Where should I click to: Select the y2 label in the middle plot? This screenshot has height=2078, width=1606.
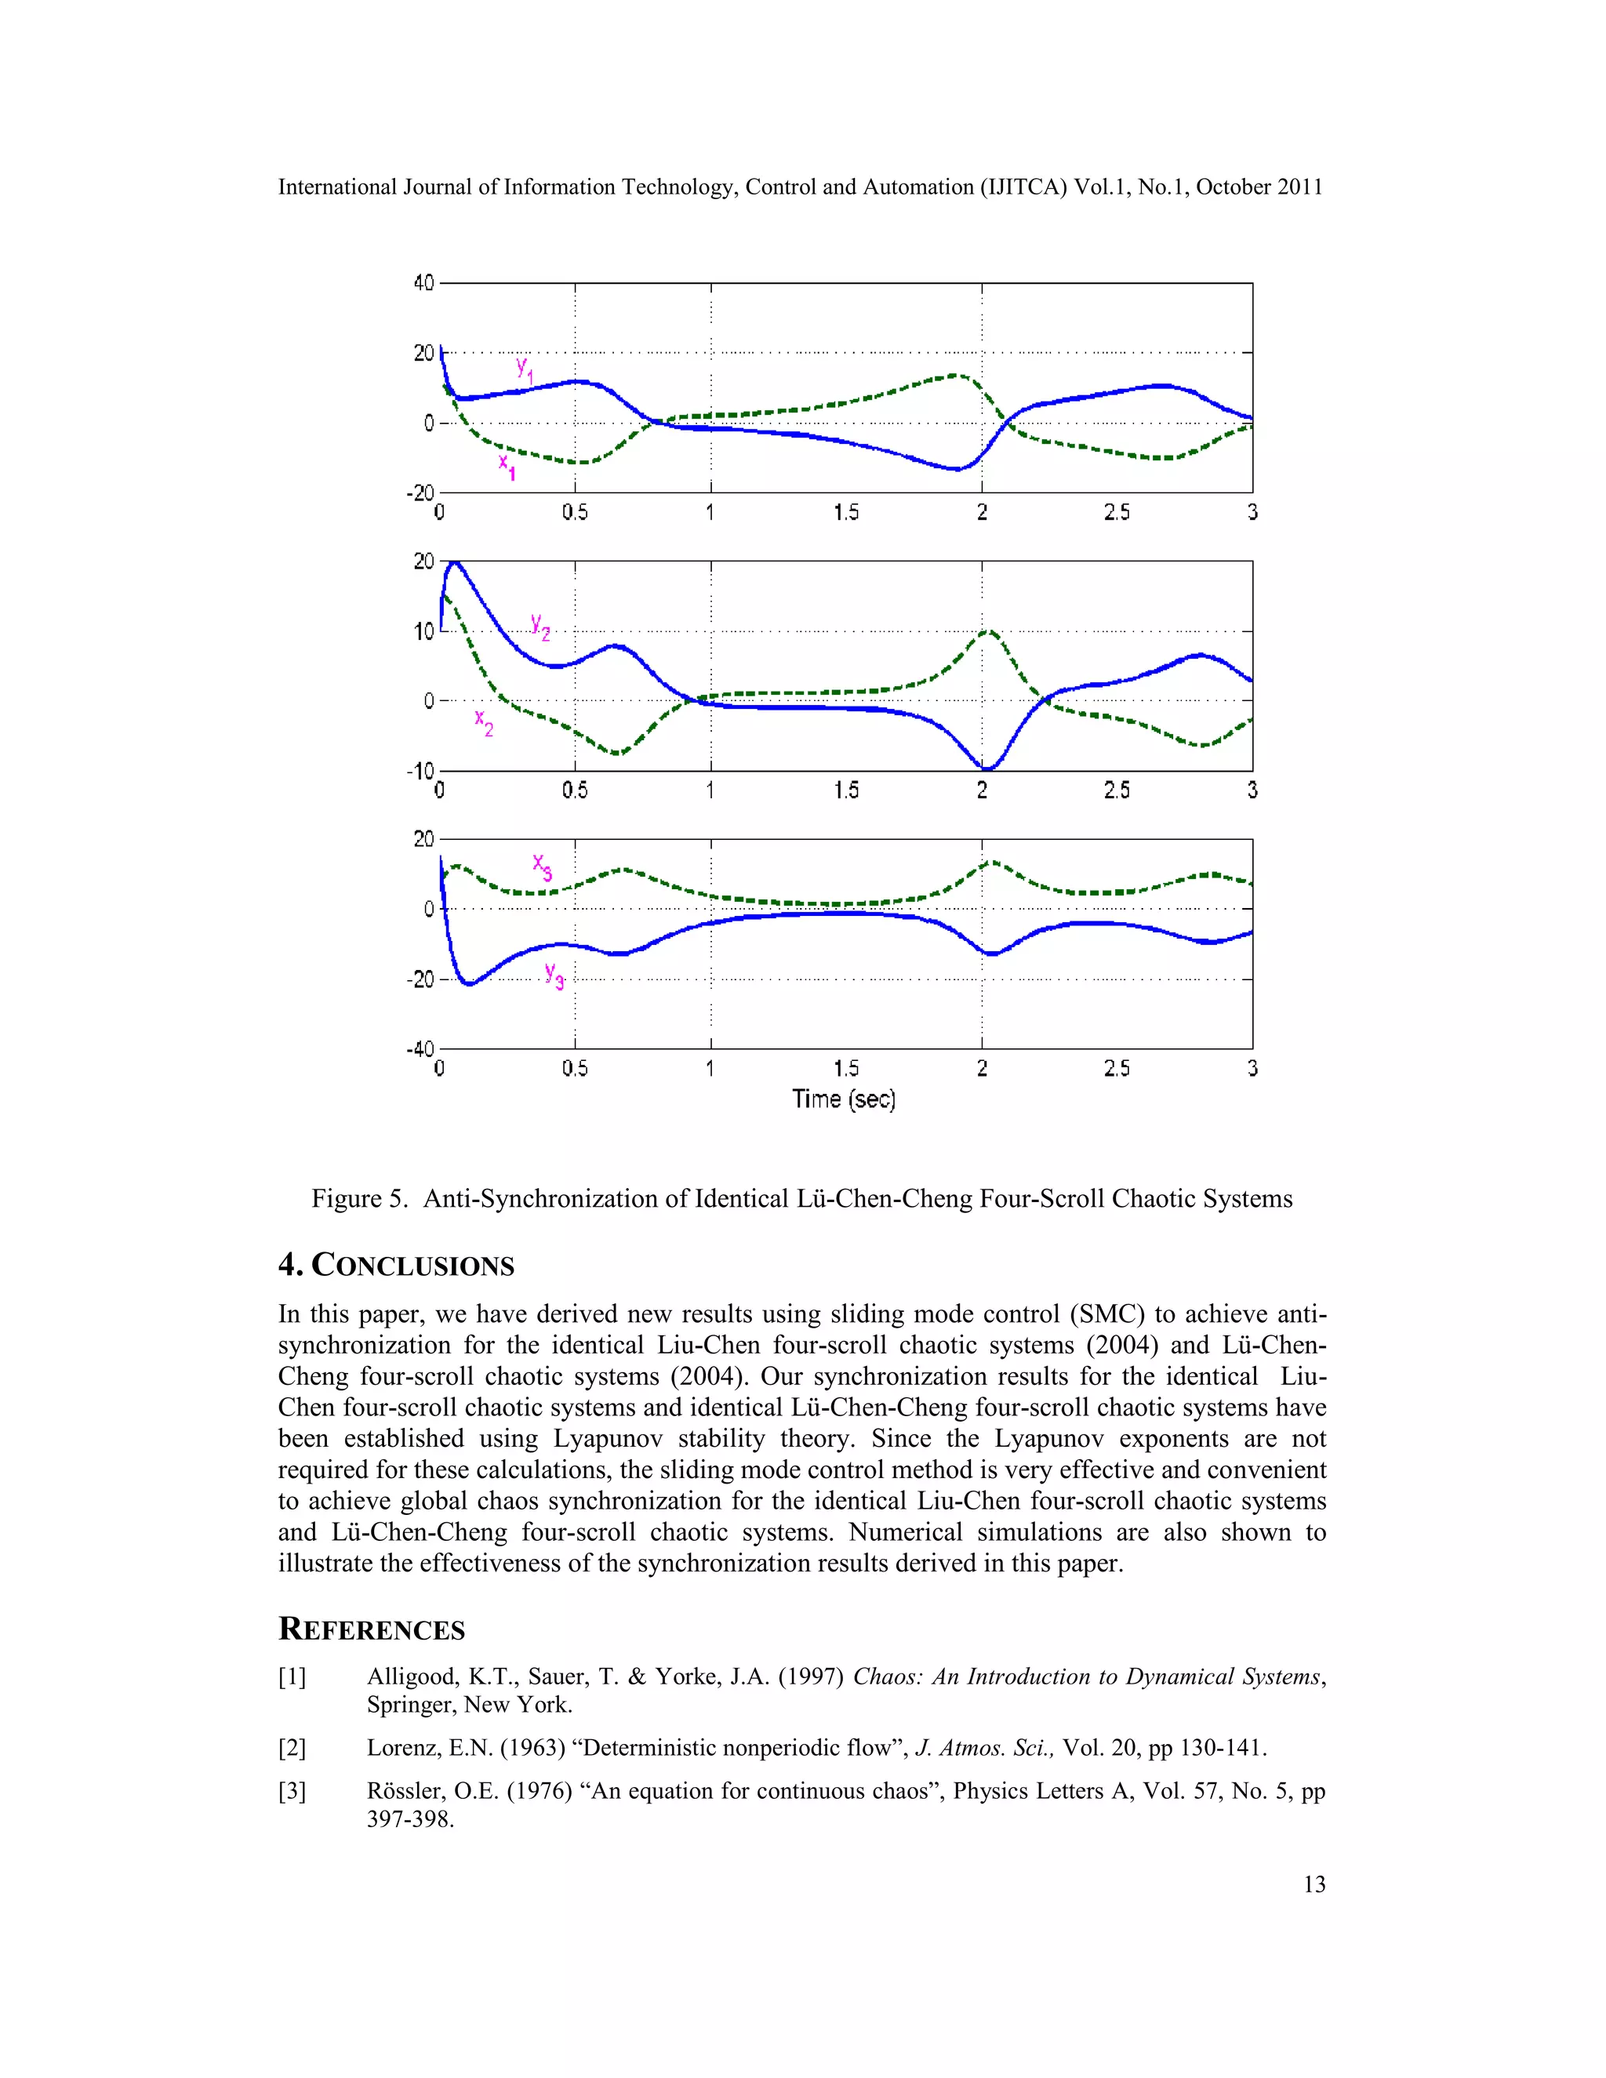point(540,627)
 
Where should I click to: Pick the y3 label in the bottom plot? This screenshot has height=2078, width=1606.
point(554,975)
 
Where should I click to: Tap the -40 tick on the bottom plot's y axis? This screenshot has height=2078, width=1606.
point(420,1048)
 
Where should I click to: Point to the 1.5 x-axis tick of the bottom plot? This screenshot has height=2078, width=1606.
point(846,1069)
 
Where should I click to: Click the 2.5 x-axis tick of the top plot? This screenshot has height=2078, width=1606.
point(1117,513)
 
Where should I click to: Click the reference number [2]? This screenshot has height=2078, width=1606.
point(292,1748)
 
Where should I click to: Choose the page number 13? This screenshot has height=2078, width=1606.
point(1314,1884)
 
